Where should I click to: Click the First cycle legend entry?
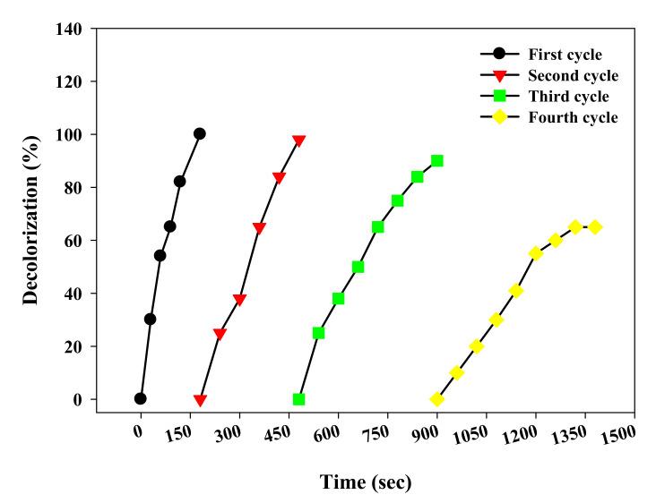pyautogui.click(x=565, y=55)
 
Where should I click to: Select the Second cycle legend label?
pyautogui.click(x=573, y=75)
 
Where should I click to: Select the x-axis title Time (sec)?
pyautogui.click(x=366, y=482)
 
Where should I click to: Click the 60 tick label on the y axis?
pyautogui.click(x=75, y=241)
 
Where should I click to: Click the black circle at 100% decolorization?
pyautogui.click(x=199, y=134)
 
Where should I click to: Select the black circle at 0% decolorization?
pyautogui.click(x=140, y=398)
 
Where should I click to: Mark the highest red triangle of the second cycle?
pyautogui.click(x=298, y=141)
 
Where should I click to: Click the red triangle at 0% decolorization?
pyautogui.click(x=200, y=400)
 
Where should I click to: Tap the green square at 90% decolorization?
pyautogui.click(x=436, y=161)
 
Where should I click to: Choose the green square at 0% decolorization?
pyautogui.click(x=298, y=399)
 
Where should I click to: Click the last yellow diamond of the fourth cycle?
pyautogui.click(x=595, y=227)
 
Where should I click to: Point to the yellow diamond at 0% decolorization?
pyautogui.click(x=436, y=399)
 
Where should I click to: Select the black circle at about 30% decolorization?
pyautogui.click(x=150, y=320)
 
